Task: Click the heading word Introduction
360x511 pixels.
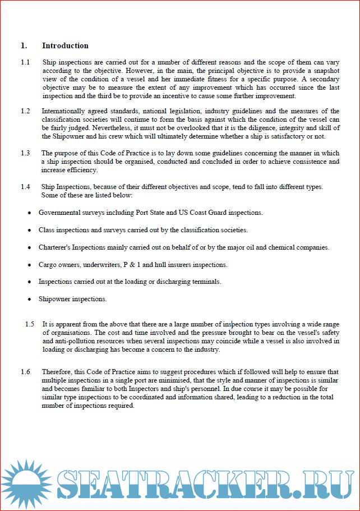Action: pos(65,45)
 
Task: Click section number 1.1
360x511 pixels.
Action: pos(25,62)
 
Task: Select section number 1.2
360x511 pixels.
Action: pos(25,111)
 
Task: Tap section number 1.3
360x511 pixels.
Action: pos(25,153)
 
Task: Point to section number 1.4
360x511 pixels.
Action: pos(25,186)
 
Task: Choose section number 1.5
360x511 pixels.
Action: pos(30,324)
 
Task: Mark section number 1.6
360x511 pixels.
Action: pos(25,371)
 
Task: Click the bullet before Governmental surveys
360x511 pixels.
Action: pos(29,213)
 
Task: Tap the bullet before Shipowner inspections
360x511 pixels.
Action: pos(29,300)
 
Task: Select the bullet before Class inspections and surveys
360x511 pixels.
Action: pos(29,231)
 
